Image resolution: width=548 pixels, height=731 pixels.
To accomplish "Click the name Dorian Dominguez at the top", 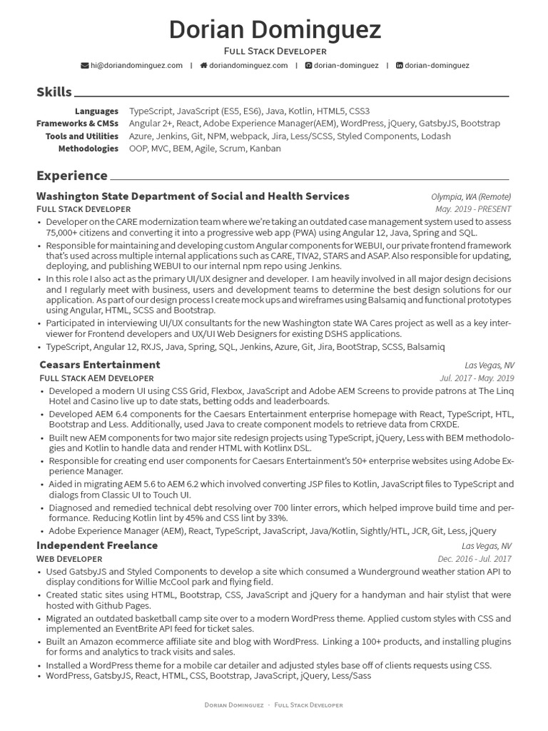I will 274,30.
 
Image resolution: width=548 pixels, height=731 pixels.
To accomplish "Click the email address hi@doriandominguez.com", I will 136,65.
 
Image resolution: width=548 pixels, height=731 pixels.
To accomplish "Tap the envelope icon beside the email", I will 85,65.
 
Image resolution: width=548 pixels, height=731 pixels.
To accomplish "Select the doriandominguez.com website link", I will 248,65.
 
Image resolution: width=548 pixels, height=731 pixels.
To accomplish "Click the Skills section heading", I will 54,92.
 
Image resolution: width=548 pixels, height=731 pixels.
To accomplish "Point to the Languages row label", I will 96,111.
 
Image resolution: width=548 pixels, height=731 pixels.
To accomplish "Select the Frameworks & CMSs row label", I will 78,123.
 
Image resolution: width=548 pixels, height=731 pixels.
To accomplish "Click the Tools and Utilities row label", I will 82,136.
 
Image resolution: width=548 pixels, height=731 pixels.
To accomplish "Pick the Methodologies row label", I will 88,148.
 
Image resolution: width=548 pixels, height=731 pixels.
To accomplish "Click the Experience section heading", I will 72,176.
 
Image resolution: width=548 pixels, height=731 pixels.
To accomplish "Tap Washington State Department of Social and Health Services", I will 193,196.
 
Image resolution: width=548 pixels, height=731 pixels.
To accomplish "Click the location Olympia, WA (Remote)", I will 471,197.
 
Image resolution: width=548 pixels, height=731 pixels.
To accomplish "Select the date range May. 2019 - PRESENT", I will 473,209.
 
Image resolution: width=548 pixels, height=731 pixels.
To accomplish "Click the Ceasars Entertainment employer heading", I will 99,365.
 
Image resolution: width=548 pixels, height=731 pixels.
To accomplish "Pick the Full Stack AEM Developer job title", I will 96,378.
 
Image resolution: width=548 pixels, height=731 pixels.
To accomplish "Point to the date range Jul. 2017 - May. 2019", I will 476,378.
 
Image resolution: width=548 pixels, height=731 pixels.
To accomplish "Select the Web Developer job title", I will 69,558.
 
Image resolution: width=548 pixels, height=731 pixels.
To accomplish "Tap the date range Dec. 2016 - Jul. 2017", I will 474,559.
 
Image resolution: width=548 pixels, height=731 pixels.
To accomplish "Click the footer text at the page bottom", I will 274,705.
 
